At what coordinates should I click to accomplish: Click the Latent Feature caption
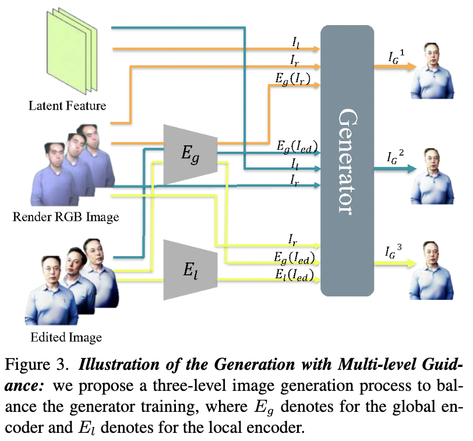[x=68, y=106]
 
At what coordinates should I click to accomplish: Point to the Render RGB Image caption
[x=65, y=218]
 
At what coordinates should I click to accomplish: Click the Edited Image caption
[x=65, y=337]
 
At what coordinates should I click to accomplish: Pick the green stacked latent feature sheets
[x=69, y=53]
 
